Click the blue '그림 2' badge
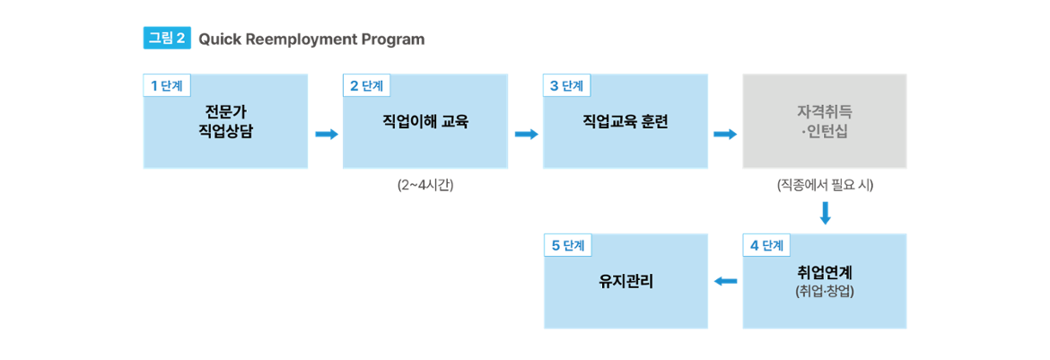[166, 39]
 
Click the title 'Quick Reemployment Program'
[311, 40]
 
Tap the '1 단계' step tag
[166, 86]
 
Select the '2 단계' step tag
[366, 86]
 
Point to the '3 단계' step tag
[566, 86]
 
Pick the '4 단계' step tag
[766, 245]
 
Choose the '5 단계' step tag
[566, 245]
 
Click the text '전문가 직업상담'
[225, 121]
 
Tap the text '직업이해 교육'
[425, 122]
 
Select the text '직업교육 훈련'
[626, 122]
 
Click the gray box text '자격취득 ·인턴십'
[824, 122]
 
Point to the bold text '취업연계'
[824, 272]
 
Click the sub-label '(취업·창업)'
[824, 292]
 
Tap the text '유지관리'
[626, 281]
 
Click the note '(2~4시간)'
[425, 186]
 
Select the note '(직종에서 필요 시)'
[825, 186]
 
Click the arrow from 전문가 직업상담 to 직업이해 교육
[327, 135]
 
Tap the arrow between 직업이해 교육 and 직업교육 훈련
[527, 135]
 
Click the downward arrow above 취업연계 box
[825, 214]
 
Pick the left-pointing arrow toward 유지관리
[725, 282]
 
